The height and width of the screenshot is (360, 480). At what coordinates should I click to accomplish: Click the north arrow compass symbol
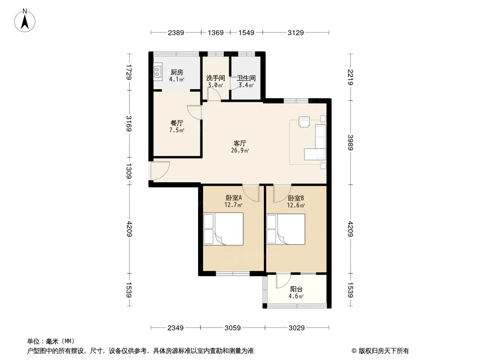(25, 21)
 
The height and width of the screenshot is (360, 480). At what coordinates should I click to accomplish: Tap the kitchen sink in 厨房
(158, 72)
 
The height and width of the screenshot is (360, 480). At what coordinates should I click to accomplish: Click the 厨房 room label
(177, 72)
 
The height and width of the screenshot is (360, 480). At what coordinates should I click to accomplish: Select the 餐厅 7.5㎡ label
(177, 126)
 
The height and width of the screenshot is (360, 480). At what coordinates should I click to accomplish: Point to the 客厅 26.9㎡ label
(240, 147)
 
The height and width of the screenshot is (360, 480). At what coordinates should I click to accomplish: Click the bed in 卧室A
(223, 229)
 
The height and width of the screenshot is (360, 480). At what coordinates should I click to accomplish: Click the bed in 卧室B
(286, 229)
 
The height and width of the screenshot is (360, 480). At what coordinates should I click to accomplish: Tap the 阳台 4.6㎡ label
(296, 292)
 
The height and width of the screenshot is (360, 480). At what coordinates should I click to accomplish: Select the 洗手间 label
(216, 78)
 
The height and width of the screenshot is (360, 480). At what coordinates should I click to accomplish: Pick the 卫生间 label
(246, 78)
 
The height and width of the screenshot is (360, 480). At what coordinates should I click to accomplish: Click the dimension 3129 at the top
(296, 32)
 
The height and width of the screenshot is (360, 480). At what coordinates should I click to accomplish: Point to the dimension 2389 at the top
(176, 32)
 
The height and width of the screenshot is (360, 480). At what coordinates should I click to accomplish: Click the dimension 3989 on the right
(350, 143)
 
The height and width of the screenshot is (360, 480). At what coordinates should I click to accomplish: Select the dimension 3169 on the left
(129, 124)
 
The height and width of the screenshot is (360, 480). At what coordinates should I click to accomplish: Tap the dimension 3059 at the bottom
(233, 328)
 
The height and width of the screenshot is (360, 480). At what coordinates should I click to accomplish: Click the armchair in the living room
(304, 121)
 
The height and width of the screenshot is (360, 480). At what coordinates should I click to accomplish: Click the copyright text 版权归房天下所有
(384, 351)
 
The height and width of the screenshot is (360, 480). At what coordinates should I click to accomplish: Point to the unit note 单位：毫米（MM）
(51, 341)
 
